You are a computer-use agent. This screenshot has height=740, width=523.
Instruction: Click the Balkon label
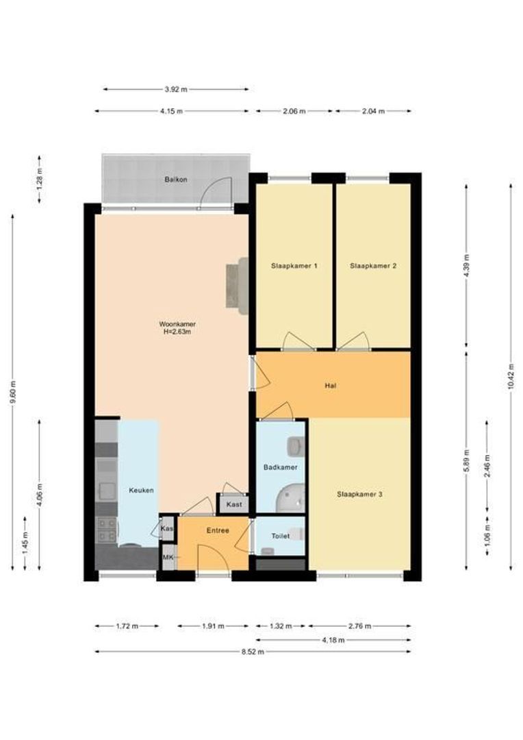point(176,180)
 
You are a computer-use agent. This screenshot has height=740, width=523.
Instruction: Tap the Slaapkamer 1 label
point(294,266)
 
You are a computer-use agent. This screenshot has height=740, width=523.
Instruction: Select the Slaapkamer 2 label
point(373,266)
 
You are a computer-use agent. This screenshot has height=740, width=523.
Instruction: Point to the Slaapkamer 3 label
point(359,494)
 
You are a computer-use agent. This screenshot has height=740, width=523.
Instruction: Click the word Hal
point(331,386)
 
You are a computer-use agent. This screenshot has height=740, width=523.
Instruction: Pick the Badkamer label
point(280,467)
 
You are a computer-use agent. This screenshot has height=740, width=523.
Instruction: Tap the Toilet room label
point(280,536)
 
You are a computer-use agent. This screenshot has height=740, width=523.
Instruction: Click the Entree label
point(218,530)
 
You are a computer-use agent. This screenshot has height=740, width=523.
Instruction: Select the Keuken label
point(141,491)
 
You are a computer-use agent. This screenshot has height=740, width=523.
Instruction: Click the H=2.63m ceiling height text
point(177,332)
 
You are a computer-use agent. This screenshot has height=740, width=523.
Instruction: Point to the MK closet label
point(168,557)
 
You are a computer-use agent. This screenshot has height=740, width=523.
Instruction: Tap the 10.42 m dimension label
point(511,378)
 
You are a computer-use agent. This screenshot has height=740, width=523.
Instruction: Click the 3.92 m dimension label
point(176,89)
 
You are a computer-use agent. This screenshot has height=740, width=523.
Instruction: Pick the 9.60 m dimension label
point(13,392)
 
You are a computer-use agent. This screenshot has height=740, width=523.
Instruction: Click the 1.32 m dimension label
point(280,626)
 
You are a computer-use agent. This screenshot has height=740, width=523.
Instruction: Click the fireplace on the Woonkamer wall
point(238,286)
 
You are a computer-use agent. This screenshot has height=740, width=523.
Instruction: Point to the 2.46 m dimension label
point(487,467)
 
